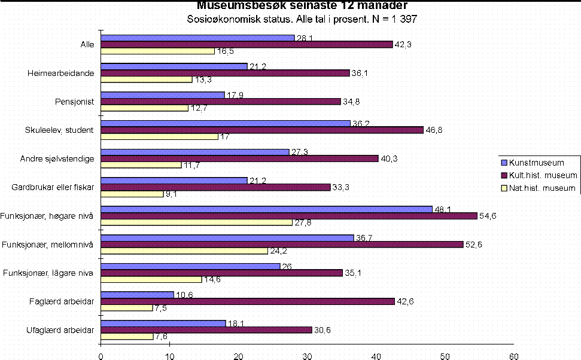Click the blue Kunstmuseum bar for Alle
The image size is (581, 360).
click(x=197, y=38)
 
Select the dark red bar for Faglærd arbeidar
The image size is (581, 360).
click(x=248, y=301)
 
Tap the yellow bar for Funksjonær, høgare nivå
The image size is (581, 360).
click(x=196, y=222)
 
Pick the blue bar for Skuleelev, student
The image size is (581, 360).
click(x=225, y=124)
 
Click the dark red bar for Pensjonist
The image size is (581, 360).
click(x=220, y=102)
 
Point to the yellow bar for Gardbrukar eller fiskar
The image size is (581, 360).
click(x=132, y=194)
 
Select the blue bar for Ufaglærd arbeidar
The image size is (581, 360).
click(x=163, y=323)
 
